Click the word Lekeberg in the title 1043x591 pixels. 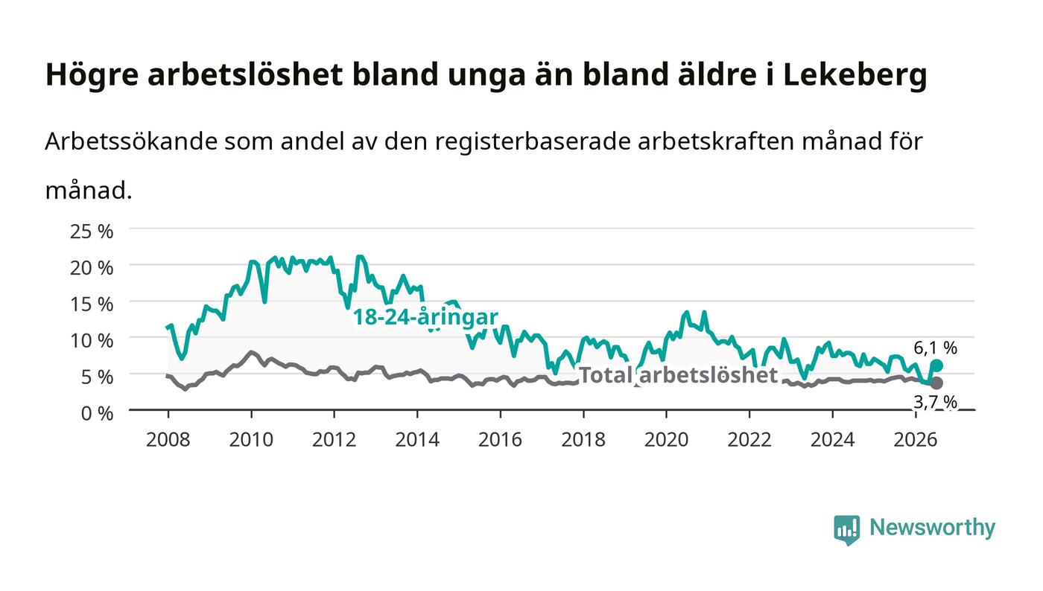click(x=855, y=75)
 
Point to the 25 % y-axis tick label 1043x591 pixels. click(x=92, y=231)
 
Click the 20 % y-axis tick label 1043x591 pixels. click(x=92, y=268)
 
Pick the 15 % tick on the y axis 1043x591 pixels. click(x=92, y=304)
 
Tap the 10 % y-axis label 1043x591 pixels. click(x=92, y=341)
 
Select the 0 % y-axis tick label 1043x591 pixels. click(x=98, y=413)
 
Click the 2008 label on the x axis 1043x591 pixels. click(x=168, y=440)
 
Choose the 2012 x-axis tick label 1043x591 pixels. click(x=335, y=440)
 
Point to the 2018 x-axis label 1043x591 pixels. click(x=583, y=440)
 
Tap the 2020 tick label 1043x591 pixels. click(x=666, y=440)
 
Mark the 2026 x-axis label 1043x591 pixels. click(x=916, y=440)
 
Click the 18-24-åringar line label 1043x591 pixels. click(x=425, y=317)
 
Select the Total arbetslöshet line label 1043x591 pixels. click(x=679, y=375)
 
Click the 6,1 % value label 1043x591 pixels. click(x=936, y=348)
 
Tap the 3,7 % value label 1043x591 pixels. click(x=936, y=402)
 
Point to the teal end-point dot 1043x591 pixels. click(x=937, y=365)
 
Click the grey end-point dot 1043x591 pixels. click(x=937, y=383)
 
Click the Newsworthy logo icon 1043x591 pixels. click(x=847, y=529)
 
